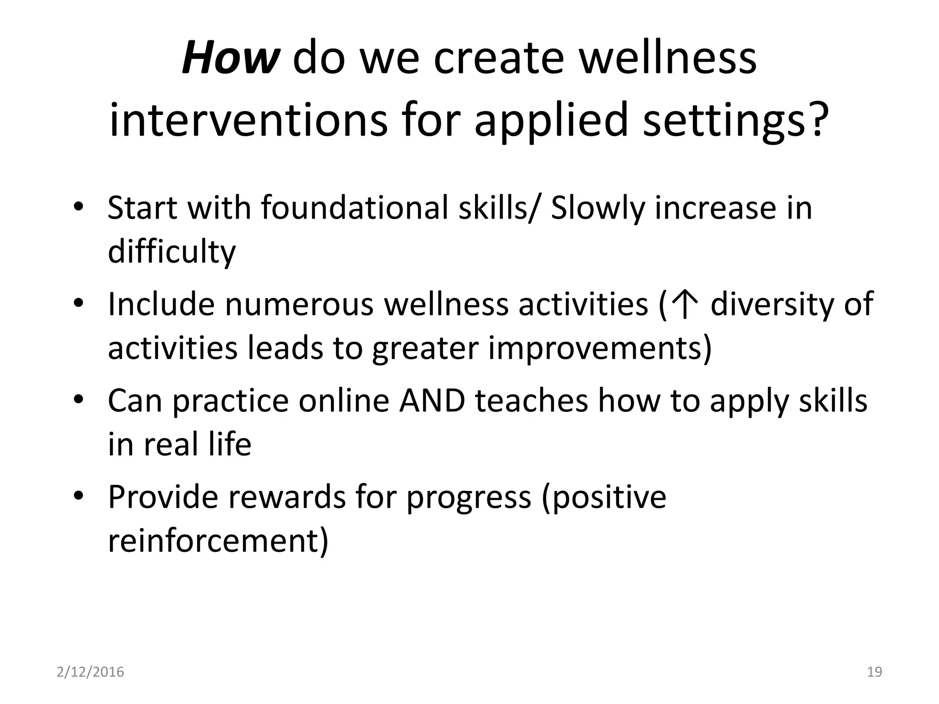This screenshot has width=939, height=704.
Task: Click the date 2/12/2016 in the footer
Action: [x=90, y=672]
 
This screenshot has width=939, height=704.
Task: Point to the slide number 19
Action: [x=875, y=672]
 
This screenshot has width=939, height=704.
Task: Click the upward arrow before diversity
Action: [x=684, y=305]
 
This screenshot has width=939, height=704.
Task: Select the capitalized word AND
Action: [x=432, y=401]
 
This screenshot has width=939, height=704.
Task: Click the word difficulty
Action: [x=171, y=252]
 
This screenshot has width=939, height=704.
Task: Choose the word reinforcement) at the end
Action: [x=218, y=541]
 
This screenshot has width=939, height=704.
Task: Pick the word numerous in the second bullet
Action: [x=299, y=304]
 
